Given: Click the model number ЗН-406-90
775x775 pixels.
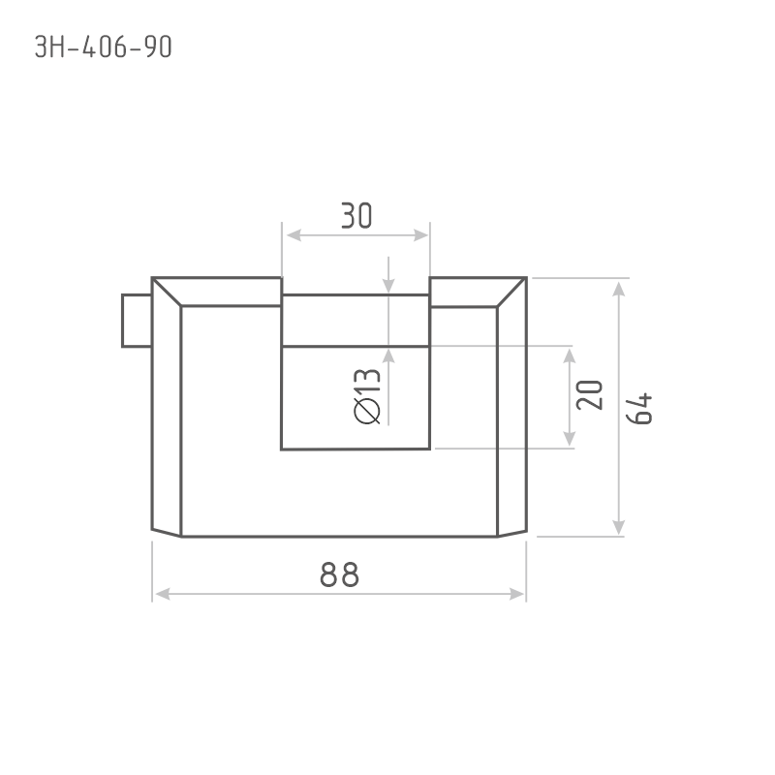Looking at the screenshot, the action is point(104,47).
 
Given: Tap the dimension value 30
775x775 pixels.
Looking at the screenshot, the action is point(356,215).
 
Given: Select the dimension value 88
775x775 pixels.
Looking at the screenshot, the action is point(340,574).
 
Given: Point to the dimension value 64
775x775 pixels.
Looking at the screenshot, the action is point(639,409).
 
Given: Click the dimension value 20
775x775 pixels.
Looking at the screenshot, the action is point(590,395).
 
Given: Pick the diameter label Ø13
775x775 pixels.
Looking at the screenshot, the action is point(367,396).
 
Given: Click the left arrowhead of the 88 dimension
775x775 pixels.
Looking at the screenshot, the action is point(163,594).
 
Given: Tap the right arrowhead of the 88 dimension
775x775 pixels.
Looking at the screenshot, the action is point(516,594).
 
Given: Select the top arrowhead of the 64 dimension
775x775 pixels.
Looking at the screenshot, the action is point(618,289).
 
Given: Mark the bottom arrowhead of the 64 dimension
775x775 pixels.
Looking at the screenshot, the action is point(618,526).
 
